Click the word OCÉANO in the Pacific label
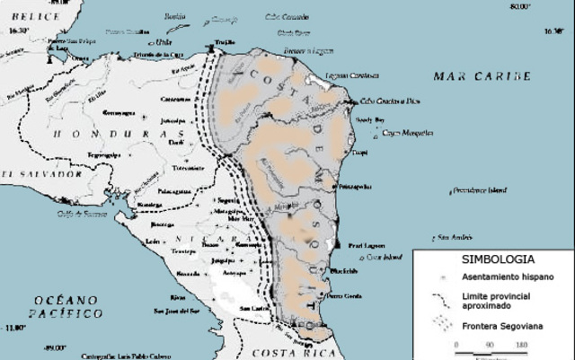[x=49, y=298]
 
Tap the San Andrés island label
[x=454, y=237]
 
